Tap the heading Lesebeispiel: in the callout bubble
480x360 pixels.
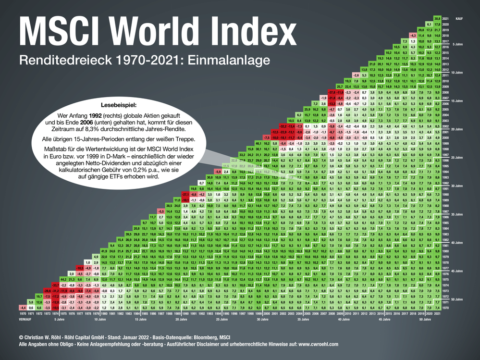[x=119, y=104]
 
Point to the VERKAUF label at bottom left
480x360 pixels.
[x=26, y=318]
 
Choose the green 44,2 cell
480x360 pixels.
[x=63, y=278]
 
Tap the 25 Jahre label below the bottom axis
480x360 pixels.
[x=221, y=318]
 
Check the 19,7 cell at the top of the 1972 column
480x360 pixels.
[x=39, y=296]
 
